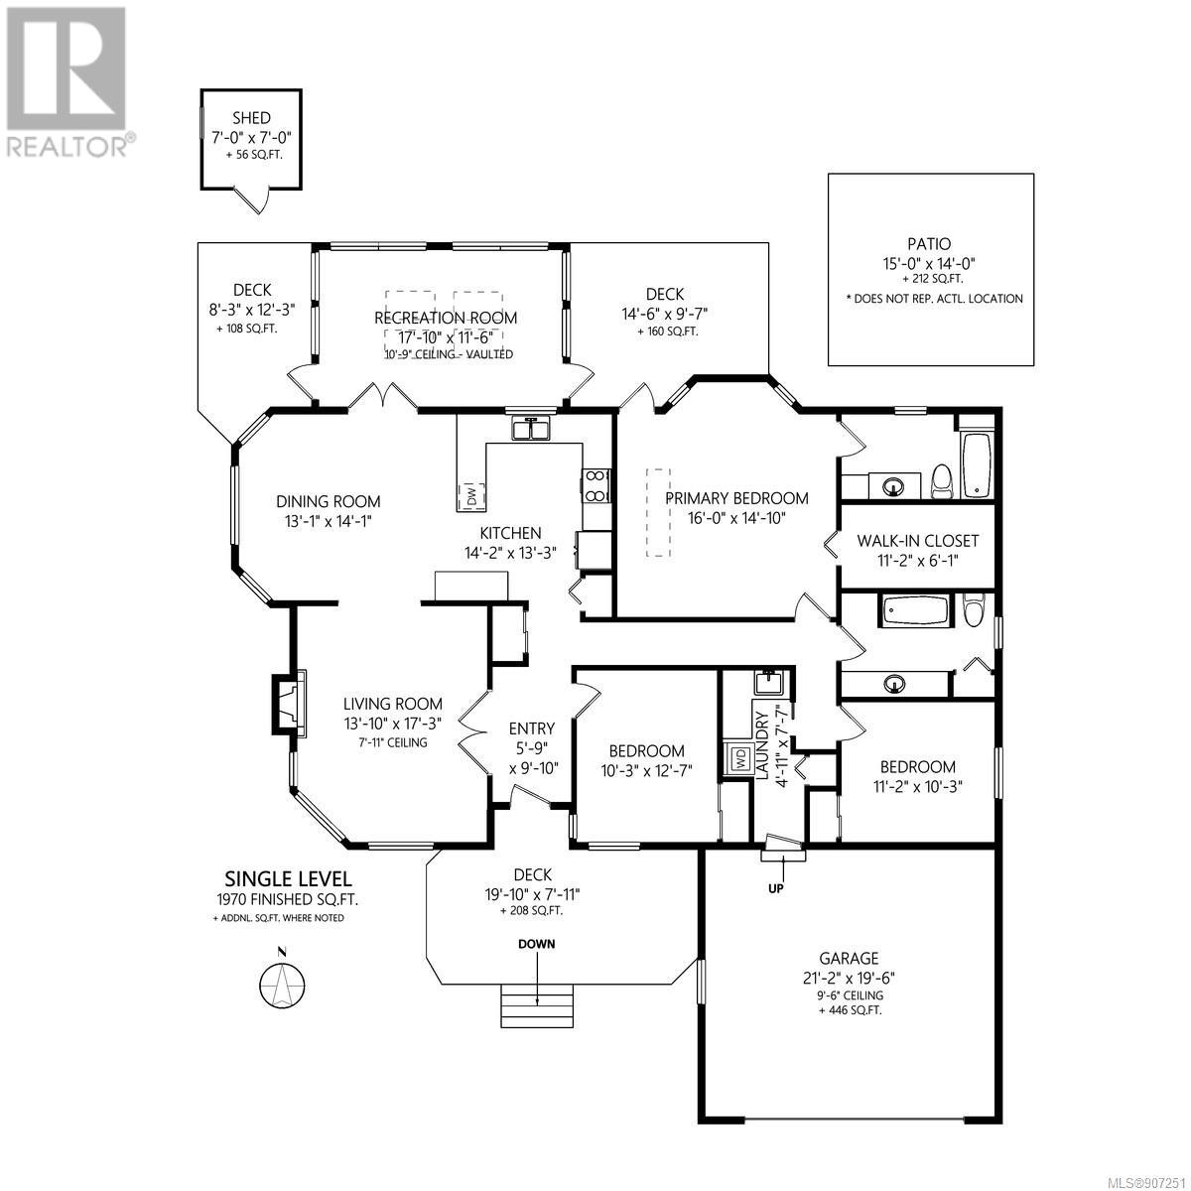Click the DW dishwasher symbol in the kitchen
pos(471,495)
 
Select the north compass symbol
pos(282,984)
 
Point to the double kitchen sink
pos(530,428)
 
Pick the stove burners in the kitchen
pos(595,485)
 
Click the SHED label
pos(251,117)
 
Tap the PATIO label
pos(929,244)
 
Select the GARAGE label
pos(849,959)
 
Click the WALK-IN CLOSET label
pos(917,542)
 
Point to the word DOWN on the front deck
pos(537,944)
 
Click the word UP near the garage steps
pos(776,888)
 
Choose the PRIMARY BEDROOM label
pos(736,498)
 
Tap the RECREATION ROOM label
pos(446,318)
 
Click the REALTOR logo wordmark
pos(66,147)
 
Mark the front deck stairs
pos(537,1005)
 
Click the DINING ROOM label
pos(329,501)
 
